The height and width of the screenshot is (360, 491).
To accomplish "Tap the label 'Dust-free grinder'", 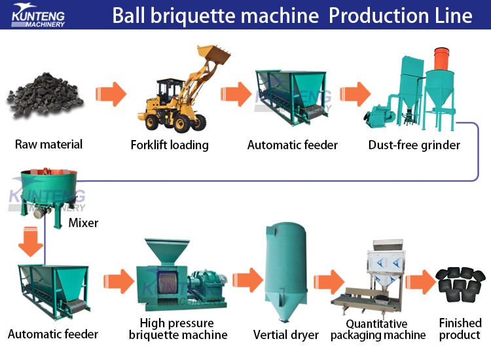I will pos(414,145).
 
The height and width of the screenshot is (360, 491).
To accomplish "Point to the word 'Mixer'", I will pos(83,223).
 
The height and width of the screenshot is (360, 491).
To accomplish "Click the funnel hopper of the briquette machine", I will pos(160,253).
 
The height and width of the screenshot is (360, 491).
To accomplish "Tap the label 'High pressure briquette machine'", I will pos(178,329).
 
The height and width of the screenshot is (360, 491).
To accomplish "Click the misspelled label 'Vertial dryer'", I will pos(286,334).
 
